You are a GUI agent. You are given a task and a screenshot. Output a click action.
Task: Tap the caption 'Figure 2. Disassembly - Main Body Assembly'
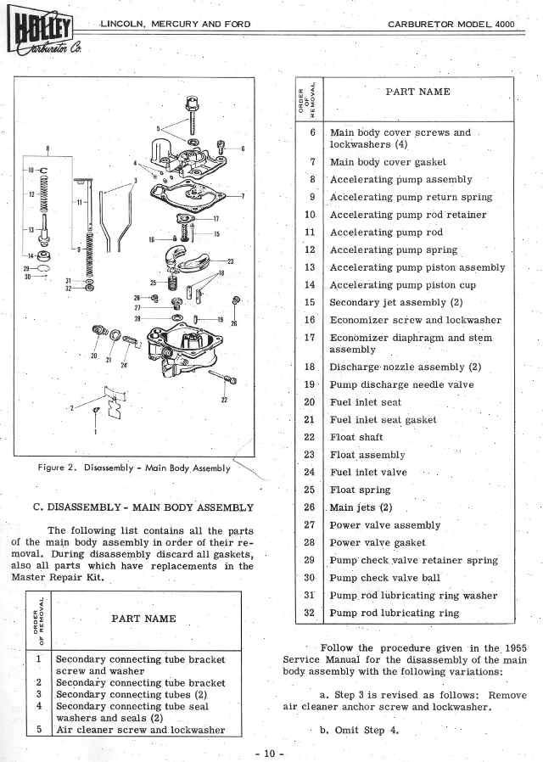tap(134, 468)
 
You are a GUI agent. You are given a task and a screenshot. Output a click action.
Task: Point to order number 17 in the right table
tap(310, 337)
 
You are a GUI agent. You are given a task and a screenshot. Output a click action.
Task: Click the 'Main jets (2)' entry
tap(361, 507)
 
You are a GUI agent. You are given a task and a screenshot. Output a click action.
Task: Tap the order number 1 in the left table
tap(38, 658)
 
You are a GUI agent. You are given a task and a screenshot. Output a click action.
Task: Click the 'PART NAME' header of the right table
tap(417, 92)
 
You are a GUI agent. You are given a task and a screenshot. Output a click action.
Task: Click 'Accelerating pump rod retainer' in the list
tap(408, 215)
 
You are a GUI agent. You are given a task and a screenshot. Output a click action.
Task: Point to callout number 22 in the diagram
tap(224, 400)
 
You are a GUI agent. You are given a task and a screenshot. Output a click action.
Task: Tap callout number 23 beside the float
tap(230, 261)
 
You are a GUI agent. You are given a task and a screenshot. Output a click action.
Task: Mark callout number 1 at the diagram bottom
tap(95, 432)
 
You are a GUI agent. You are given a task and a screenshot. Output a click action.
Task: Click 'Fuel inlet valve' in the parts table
tap(368, 472)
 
